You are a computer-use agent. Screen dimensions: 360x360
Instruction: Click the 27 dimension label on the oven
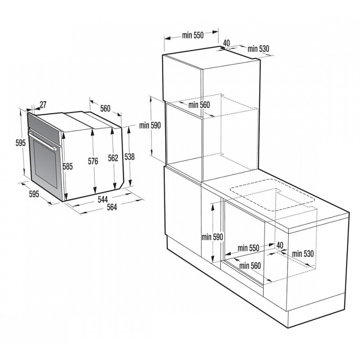pos(43,105)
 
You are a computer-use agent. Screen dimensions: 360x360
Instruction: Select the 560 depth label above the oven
pos(105,108)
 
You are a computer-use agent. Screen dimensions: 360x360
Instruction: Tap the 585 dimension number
pos(67,166)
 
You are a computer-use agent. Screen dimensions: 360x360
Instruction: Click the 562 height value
pos(113,157)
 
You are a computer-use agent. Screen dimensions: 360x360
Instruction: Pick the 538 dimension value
pos(130,157)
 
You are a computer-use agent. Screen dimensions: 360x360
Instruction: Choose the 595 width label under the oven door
pos(34,194)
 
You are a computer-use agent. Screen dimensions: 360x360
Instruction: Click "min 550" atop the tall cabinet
pos(193,36)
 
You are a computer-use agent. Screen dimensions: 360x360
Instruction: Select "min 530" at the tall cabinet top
pos(258,48)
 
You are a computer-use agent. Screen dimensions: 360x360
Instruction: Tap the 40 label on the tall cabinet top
pos(226,43)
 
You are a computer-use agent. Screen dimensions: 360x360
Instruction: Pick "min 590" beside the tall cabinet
pos(150,126)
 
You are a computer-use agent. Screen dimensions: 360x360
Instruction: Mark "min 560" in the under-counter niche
pos(250,265)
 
